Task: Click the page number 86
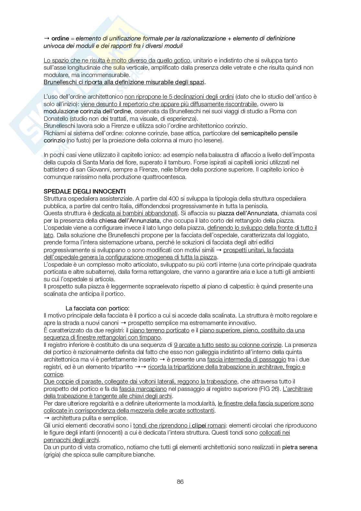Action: pos(180,482)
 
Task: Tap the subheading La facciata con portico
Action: pos(97,308)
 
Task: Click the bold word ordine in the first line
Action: pos(60,39)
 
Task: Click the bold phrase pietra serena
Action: pos(300,447)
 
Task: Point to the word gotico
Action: pos(182,60)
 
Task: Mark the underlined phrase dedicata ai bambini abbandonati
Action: pos(135,213)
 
